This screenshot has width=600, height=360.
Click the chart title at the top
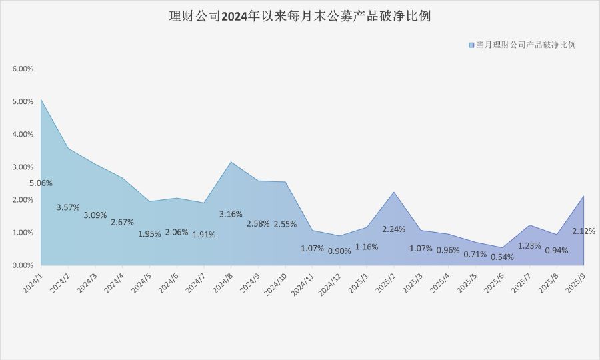tap(300, 16)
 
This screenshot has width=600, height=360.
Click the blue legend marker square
tap(471, 45)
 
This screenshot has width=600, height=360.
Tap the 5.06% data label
tap(41, 183)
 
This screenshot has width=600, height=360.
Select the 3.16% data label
tap(231, 214)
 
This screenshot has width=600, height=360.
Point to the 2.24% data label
tap(393, 229)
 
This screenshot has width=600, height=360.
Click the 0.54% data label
tap(502, 257)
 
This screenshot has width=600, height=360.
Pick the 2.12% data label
tap(583, 231)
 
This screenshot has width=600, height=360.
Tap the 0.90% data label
tap(339, 251)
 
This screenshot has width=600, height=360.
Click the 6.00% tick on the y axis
tap(23, 69)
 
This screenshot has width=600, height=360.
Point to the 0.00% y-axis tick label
tap(23, 265)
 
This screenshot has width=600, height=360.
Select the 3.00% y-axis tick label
tap(23, 167)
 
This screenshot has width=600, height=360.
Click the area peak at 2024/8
tap(231, 162)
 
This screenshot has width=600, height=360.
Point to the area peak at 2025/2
tap(394, 192)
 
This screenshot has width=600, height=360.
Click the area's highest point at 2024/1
tap(41, 100)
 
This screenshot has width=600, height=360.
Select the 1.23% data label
tap(529, 245)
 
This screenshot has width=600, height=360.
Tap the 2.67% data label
tap(122, 222)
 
